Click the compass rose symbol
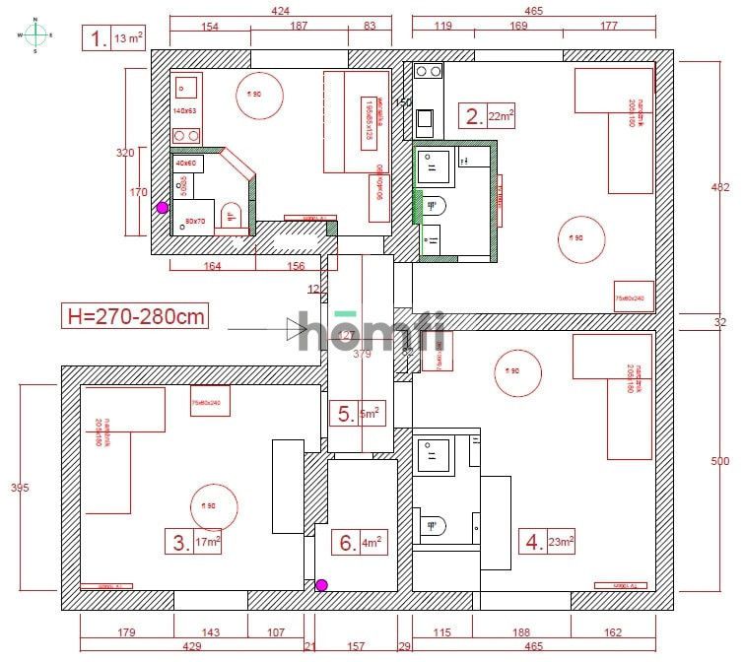click(x=35, y=34)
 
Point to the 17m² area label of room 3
click(x=208, y=542)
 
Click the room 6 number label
click(x=346, y=542)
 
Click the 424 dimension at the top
click(x=280, y=11)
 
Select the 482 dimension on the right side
click(x=720, y=187)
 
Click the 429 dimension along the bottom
click(x=192, y=646)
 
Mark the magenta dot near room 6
click(x=320, y=585)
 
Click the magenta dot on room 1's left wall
click(x=162, y=208)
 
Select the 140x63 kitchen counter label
click(x=185, y=111)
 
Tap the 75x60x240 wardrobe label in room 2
click(x=630, y=298)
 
